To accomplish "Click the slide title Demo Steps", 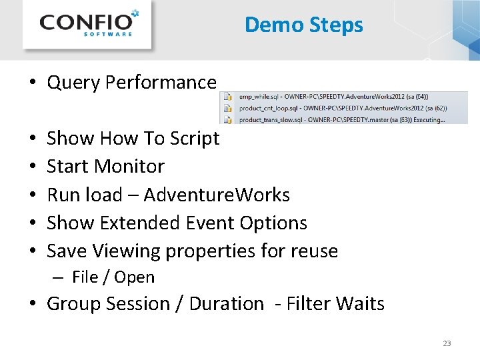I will [x=303, y=25].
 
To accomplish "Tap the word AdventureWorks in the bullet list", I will [x=217, y=195].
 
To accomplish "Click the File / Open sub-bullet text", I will [x=113, y=277].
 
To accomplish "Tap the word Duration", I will [x=227, y=304].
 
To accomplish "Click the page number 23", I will [x=447, y=343].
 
